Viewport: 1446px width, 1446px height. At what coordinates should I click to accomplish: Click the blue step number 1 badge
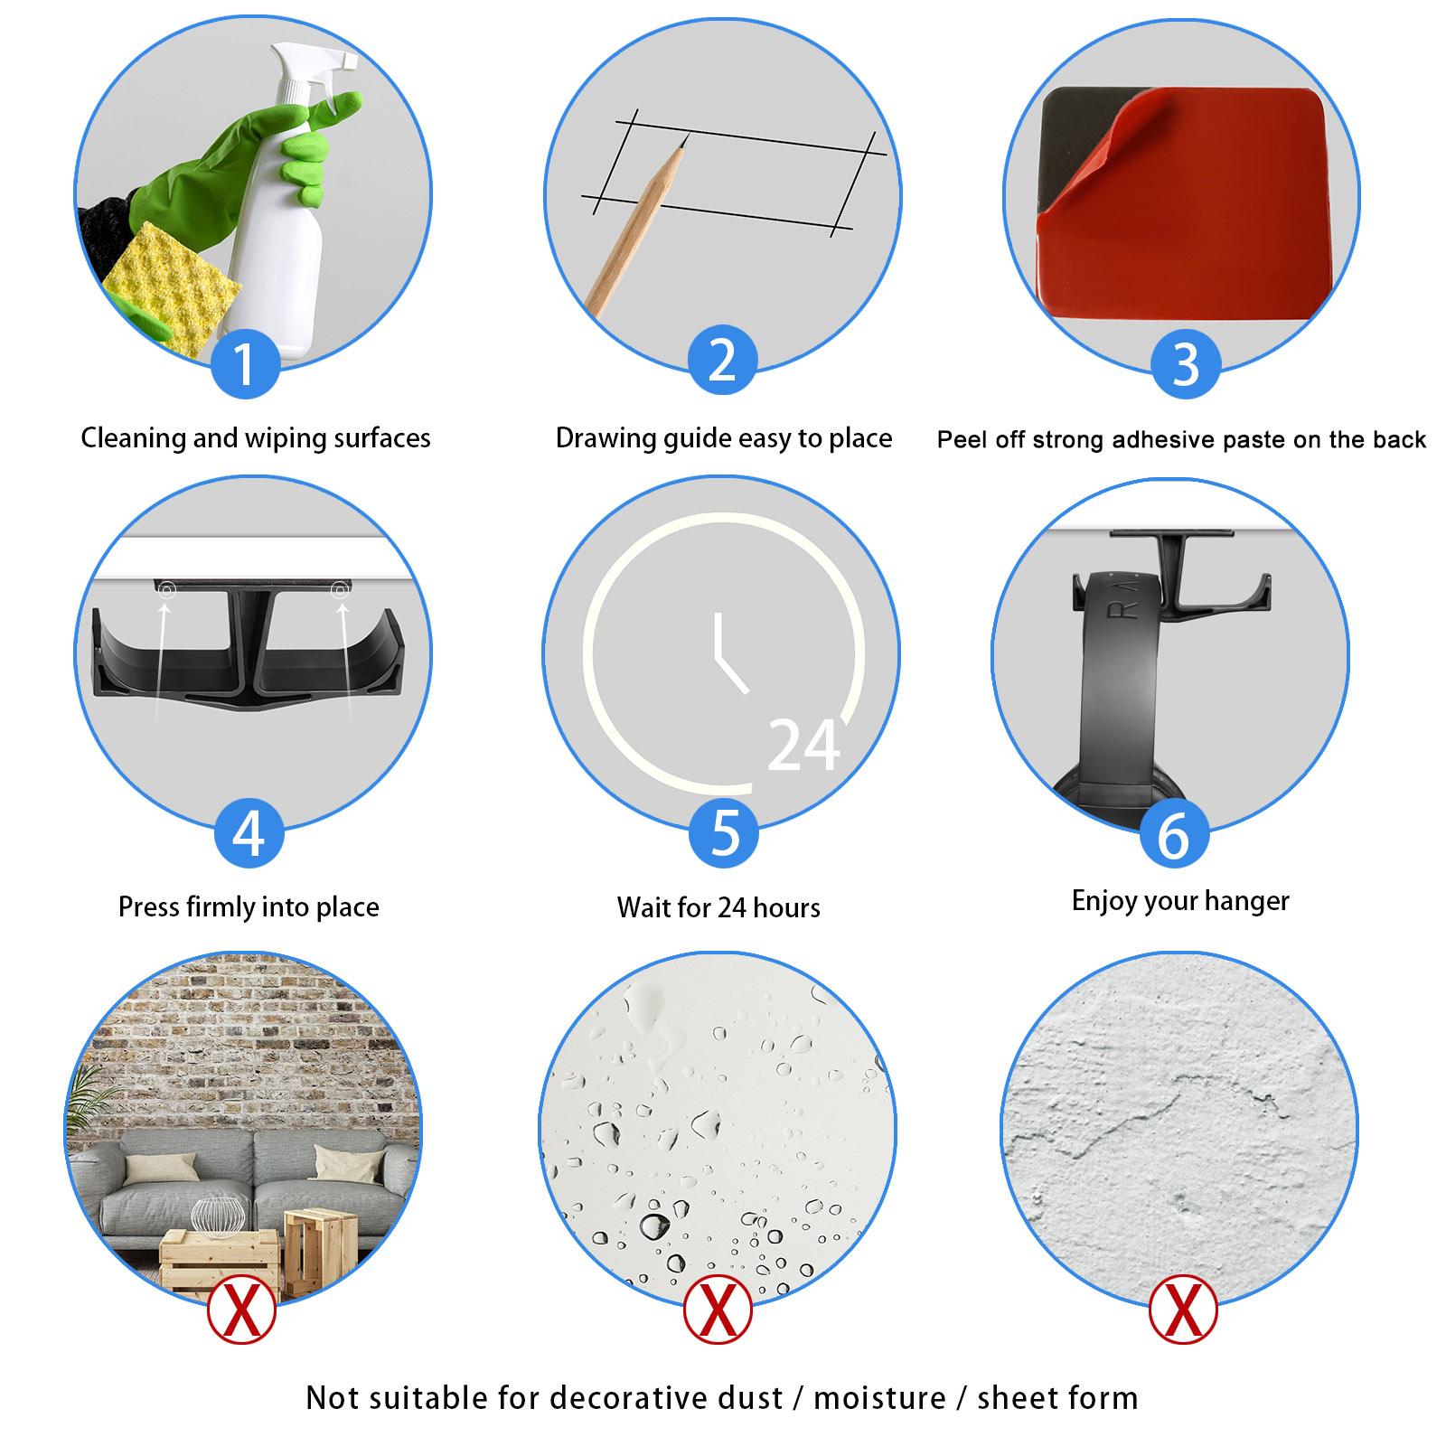(245, 363)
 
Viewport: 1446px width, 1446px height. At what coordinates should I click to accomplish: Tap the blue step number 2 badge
(722, 360)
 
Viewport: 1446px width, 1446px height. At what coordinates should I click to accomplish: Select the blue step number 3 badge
(1185, 363)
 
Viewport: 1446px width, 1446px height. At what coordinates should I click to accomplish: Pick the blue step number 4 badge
(249, 832)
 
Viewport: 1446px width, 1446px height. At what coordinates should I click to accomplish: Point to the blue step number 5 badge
(724, 832)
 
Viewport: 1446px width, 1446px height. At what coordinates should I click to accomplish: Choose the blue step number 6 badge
(1173, 836)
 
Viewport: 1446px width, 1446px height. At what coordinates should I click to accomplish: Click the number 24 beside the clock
(803, 746)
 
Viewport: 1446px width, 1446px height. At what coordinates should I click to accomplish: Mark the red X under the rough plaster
(1183, 1309)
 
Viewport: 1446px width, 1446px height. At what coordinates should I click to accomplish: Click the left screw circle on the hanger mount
(166, 590)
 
